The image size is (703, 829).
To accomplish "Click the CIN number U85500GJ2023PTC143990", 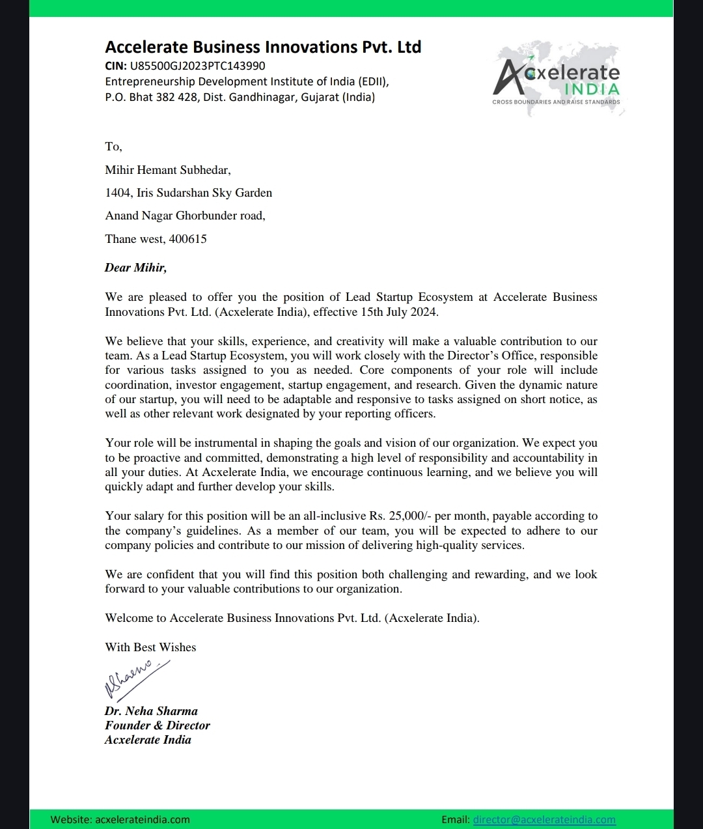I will [x=197, y=66].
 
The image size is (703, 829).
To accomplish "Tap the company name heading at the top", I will [x=263, y=47].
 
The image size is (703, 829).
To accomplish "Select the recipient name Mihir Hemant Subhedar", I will [x=167, y=170].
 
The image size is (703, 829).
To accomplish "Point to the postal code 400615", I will [x=188, y=239].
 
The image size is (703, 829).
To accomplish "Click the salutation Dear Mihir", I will [x=135, y=268].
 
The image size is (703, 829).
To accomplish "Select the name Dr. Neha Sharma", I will [x=151, y=711].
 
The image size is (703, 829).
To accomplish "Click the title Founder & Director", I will [x=157, y=725].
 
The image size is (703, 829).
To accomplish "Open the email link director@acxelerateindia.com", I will [x=544, y=819].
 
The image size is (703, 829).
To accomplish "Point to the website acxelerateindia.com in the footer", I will [x=143, y=819].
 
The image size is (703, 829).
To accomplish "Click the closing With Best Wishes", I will [x=150, y=647].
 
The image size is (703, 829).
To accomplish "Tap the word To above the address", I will [x=113, y=147].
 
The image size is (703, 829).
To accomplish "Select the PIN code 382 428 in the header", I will [x=176, y=98].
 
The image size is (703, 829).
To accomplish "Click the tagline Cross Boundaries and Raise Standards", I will [x=556, y=102].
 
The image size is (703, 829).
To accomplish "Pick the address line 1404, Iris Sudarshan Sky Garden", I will [x=188, y=193].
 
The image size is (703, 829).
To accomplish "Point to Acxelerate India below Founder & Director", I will [x=148, y=740].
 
